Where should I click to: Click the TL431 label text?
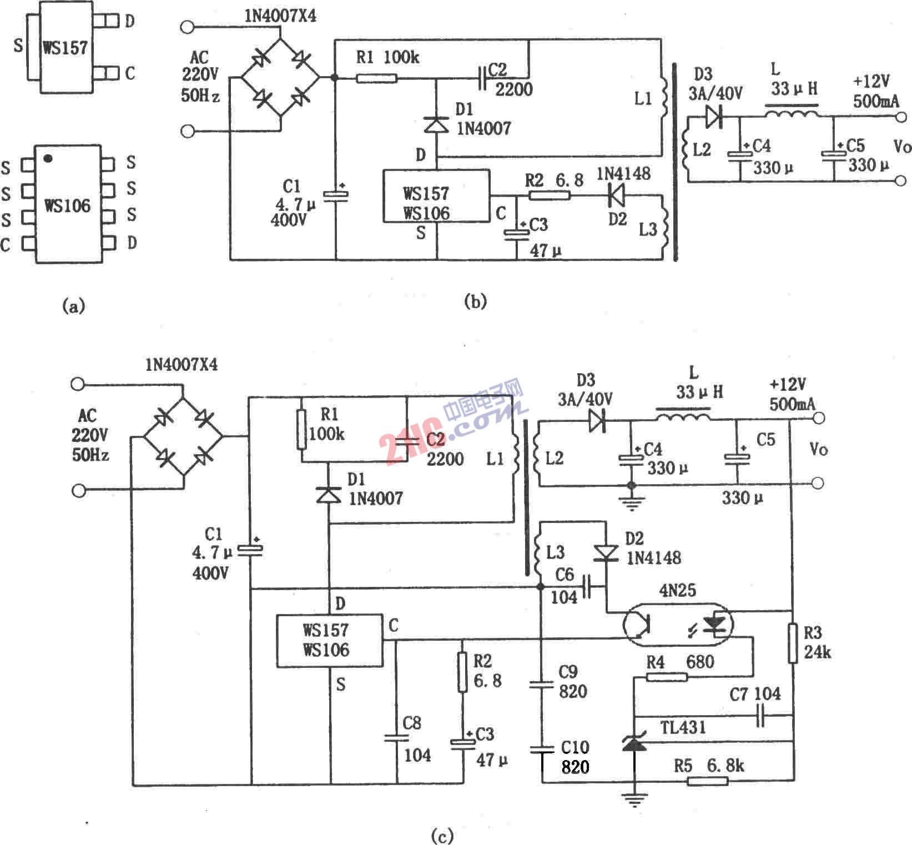[x=683, y=727]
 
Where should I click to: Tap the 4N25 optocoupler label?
[x=677, y=590]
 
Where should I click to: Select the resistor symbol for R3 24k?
[x=793, y=643]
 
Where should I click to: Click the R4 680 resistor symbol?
[x=667, y=677]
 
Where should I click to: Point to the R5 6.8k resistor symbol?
[x=707, y=781]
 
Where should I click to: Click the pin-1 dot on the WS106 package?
[x=48, y=159]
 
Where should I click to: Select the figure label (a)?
[x=74, y=305]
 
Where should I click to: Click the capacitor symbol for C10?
[x=542, y=750]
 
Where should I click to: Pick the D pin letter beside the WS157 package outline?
[x=129, y=22]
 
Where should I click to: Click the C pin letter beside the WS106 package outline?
[x=6, y=244]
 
